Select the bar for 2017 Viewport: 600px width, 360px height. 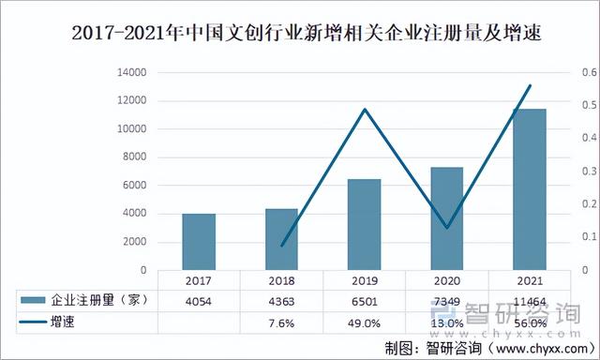pyautogui.click(x=199, y=242)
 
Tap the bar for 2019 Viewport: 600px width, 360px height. pyautogui.click(x=364, y=225)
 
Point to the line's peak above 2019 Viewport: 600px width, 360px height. pyautogui.click(x=364, y=110)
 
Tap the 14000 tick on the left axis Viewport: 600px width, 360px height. pyautogui.click(x=131, y=72)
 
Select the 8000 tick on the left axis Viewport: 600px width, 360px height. pyautogui.click(x=134, y=157)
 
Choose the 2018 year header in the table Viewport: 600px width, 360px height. pyautogui.click(x=281, y=280)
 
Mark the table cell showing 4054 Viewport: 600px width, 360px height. pyautogui.click(x=199, y=300)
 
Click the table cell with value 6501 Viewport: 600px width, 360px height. pyautogui.click(x=364, y=300)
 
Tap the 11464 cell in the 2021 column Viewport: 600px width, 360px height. pyautogui.click(x=529, y=300)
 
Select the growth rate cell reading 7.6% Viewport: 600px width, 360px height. pyautogui.click(x=281, y=322)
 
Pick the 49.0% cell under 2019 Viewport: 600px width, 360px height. pyautogui.click(x=364, y=322)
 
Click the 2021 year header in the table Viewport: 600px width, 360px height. pyautogui.click(x=529, y=280)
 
